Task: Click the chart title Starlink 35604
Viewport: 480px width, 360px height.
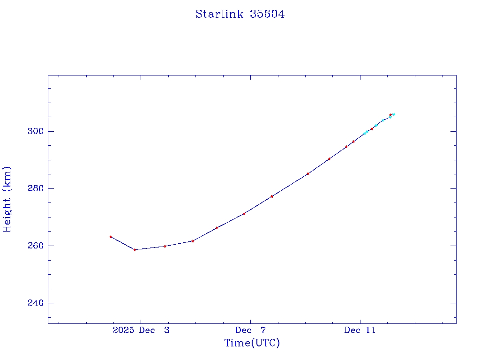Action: pos(240,14)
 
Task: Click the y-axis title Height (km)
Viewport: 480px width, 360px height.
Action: pos(7,199)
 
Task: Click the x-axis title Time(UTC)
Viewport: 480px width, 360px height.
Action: pos(252,343)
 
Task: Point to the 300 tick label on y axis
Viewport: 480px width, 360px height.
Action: pos(35,131)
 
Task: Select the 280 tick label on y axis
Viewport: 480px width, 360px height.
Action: pos(35,188)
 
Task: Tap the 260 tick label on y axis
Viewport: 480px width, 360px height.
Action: pos(35,246)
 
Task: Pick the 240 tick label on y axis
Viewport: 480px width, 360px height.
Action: pos(35,303)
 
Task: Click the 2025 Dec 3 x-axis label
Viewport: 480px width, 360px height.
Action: pos(141,330)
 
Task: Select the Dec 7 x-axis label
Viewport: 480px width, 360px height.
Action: pos(251,330)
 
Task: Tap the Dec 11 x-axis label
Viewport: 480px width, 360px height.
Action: pos(360,330)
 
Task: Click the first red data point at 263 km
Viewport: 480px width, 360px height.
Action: pos(111,237)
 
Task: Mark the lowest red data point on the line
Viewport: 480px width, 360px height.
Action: pos(135,250)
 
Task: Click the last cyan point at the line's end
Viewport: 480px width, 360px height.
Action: pos(394,114)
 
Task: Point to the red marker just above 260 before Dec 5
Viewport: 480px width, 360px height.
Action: pos(193,241)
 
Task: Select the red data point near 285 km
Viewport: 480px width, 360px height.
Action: pos(308,174)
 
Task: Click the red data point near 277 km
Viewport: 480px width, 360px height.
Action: pos(271,196)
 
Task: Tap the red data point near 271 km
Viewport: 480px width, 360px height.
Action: pos(244,214)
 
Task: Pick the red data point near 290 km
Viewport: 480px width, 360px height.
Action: pos(329,159)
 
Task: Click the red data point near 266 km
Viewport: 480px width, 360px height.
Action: pos(217,228)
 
